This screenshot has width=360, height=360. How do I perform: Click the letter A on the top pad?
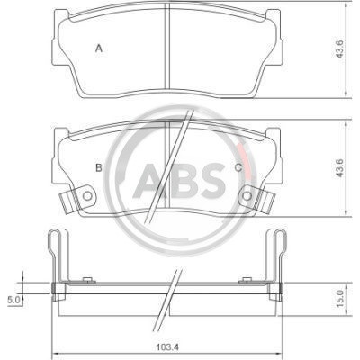coord(99,48)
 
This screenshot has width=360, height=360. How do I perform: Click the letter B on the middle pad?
coord(99,168)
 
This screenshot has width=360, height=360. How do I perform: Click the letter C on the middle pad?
coord(238,168)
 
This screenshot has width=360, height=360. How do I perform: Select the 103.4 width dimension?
coord(167,347)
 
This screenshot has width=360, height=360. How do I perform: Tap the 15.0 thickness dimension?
coord(339,298)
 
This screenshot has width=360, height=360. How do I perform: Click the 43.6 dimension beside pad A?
coord(339,49)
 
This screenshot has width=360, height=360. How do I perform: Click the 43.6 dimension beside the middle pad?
coord(339,168)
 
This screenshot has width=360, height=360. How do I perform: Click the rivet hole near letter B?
coord(87,196)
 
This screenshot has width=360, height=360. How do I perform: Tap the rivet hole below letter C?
coord(247,196)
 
